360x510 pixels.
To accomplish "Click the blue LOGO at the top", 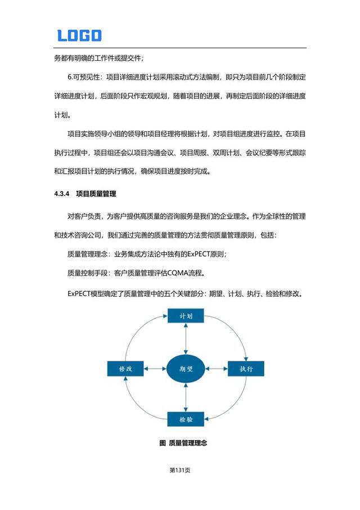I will click(79, 35).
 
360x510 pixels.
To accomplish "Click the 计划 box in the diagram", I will click(186, 316).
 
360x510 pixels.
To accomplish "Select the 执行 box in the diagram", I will click(246, 369).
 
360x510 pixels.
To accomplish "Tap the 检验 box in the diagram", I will click(186, 419).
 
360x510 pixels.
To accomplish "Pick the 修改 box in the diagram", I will click(125, 369).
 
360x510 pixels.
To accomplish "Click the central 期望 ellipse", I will click(186, 369).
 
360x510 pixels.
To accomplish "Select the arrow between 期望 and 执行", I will click(216, 369).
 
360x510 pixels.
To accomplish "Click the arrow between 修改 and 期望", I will click(155, 369).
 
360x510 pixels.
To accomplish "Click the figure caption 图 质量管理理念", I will click(184, 443).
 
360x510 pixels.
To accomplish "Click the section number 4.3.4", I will click(61, 194).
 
